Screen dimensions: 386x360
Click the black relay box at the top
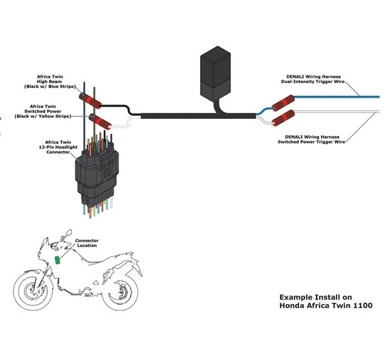point(216,73)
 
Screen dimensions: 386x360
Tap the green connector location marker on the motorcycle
point(57,260)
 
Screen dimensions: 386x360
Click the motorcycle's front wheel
point(33,290)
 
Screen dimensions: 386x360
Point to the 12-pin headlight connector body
point(97,175)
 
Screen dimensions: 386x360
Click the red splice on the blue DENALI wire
point(283,103)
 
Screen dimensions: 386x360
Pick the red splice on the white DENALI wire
point(283,118)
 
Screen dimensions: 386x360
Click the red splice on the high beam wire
point(90,101)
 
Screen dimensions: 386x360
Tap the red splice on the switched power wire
point(100,122)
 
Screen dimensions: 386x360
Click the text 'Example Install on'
point(316,297)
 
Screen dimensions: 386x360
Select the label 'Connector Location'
point(87,243)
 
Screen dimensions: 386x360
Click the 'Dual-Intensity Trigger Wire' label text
point(313,82)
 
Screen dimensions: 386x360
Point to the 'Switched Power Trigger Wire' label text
point(311,141)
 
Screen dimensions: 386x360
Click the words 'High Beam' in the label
point(50,82)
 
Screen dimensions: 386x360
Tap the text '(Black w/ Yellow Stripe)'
point(43,116)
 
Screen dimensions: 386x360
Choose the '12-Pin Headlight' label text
point(58,147)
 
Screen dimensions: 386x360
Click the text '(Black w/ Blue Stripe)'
point(50,86)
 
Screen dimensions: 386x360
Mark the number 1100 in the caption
point(363,305)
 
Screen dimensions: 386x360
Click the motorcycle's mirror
point(69,232)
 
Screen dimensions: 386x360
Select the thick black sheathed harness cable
point(198,116)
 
